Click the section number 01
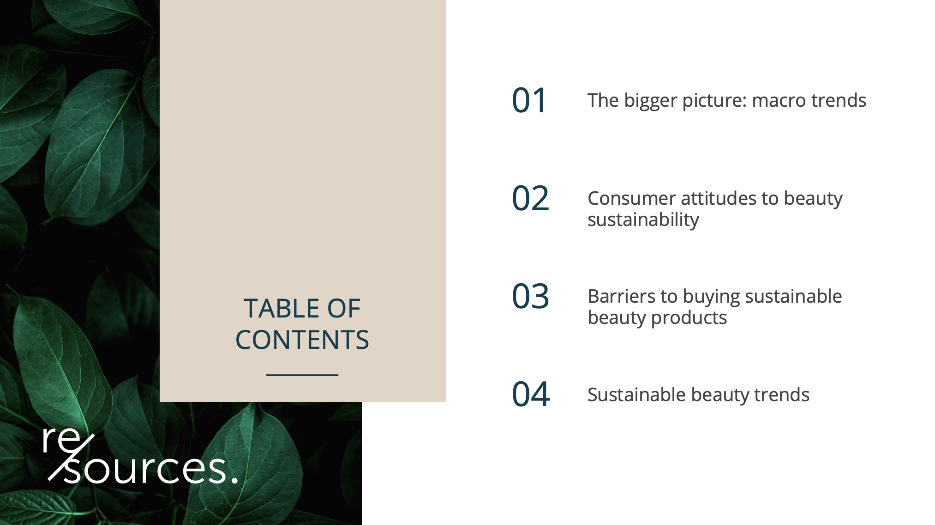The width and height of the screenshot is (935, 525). pyautogui.click(x=529, y=100)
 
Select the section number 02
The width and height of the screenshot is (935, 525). pyautogui.click(x=531, y=198)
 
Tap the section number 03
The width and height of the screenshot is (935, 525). pyautogui.click(x=531, y=296)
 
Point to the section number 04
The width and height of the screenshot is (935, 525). pyautogui.click(x=531, y=395)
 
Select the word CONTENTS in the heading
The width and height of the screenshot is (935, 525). pyautogui.click(x=302, y=340)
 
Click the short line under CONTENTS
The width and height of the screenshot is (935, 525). pyautogui.click(x=302, y=375)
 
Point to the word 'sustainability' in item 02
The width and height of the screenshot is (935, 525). pyautogui.click(x=643, y=220)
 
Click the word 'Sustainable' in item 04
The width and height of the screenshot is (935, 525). pyautogui.click(x=636, y=395)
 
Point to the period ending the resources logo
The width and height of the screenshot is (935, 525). pyautogui.click(x=234, y=480)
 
